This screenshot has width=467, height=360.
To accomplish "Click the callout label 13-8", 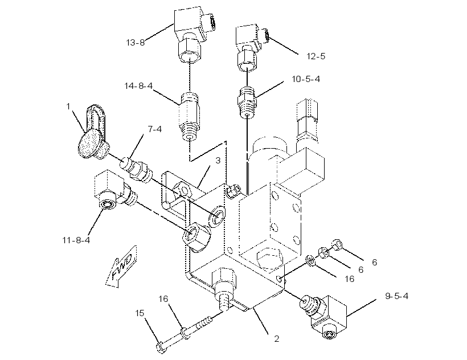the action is pos(136,43).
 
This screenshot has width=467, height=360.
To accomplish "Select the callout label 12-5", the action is pos(316,56).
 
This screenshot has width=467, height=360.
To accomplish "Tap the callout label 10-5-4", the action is pos(306,79).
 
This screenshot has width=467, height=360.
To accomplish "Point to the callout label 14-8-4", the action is pos(138,86).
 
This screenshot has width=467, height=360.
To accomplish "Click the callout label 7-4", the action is pos(155,129).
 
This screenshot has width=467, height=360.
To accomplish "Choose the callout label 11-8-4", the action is pos(76,240).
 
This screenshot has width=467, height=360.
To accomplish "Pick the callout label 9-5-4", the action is pos(397,296).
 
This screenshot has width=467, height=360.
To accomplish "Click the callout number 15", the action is pos(140,313).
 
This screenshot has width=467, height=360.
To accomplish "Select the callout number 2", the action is pos(277,339).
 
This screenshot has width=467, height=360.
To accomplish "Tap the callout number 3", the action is pos(218,161).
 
